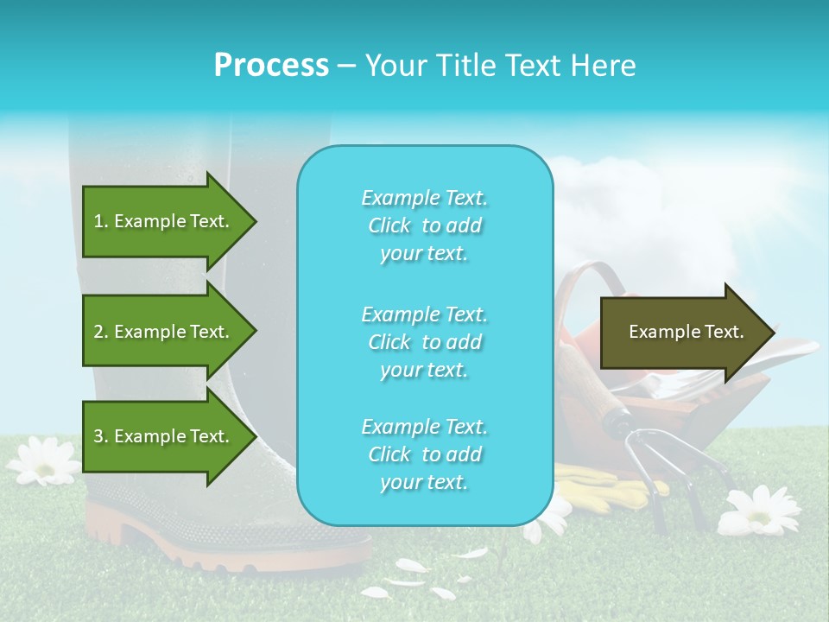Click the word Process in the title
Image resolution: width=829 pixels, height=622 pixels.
click(x=271, y=66)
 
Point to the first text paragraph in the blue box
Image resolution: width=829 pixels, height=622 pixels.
click(x=424, y=225)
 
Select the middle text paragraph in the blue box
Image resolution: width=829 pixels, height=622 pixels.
click(x=424, y=341)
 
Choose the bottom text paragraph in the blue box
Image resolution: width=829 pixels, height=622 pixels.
click(x=424, y=454)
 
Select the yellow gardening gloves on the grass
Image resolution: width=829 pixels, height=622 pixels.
click(x=604, y=484)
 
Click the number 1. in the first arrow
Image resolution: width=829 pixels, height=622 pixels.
click(x=101, y=221)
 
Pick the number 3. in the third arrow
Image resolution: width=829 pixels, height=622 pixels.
click(x=101, y=436)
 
